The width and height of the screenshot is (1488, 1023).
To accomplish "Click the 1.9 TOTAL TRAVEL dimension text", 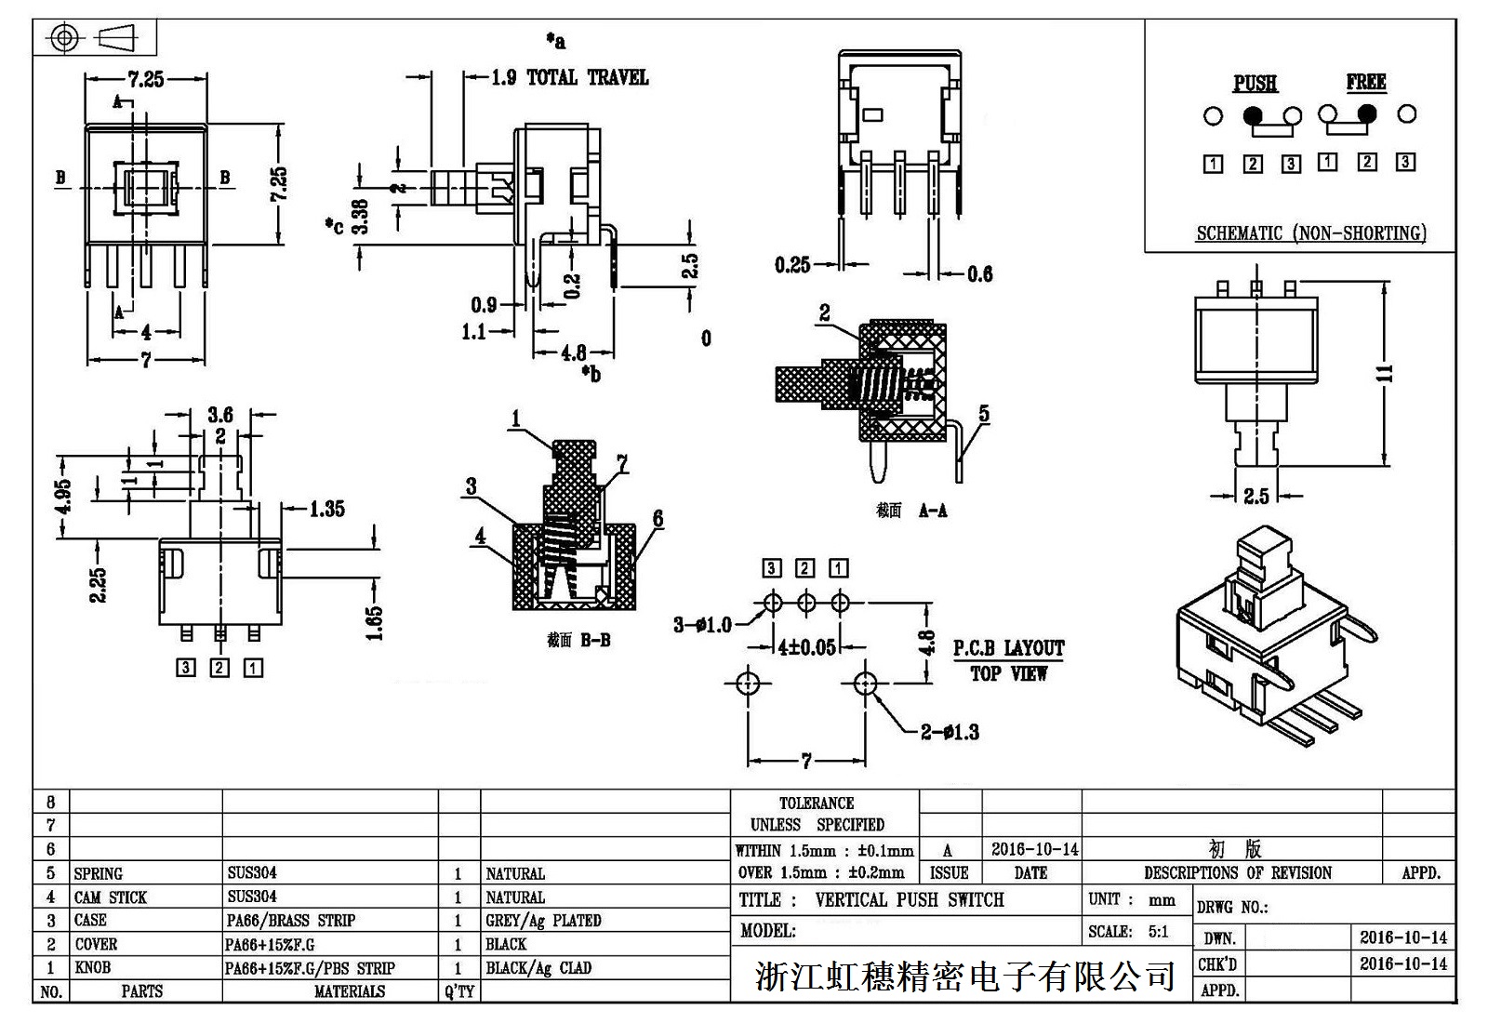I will point(569,78).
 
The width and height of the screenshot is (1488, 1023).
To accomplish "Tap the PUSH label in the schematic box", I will point(1255,84).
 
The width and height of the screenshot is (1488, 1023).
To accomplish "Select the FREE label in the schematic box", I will point(1365,83).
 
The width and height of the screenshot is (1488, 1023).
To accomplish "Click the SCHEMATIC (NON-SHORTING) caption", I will point(1310,233).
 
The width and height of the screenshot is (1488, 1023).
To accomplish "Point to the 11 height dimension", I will point(1386,373).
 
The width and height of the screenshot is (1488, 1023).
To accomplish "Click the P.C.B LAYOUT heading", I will point(1008,648).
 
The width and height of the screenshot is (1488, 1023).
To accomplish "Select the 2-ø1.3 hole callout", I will point(950,733).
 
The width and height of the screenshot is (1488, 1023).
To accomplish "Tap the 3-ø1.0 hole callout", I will point(703,625).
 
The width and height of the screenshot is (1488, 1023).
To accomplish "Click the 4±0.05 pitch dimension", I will point(806,647).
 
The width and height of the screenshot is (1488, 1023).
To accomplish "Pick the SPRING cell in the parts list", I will point(98,874).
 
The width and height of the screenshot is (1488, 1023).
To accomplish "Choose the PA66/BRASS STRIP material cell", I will point(291,921).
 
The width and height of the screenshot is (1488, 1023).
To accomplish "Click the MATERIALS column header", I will point(349,992).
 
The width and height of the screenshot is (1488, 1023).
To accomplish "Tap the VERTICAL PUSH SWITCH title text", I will point(909,900).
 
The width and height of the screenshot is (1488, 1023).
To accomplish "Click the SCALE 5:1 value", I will point(1158,932).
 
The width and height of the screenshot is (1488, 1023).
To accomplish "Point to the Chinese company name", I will point(964,976).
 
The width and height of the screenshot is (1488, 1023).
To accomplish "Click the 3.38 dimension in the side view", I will point(361,218).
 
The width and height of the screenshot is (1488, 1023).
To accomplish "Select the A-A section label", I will point(932,511).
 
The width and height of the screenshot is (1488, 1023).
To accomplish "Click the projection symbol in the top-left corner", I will point(94,38).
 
